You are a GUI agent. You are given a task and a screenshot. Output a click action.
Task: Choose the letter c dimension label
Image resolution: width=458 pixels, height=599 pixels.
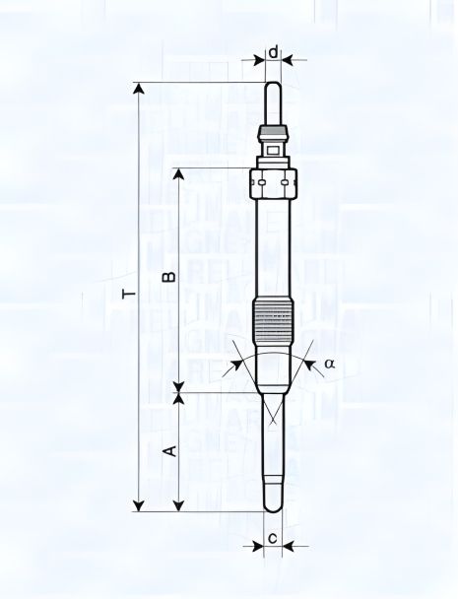coord(273,539)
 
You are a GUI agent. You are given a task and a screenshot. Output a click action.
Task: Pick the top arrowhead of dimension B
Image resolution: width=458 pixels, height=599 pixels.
coord(178,173)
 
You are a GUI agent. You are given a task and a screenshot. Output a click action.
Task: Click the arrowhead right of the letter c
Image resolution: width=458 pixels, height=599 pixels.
coord(295,545)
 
